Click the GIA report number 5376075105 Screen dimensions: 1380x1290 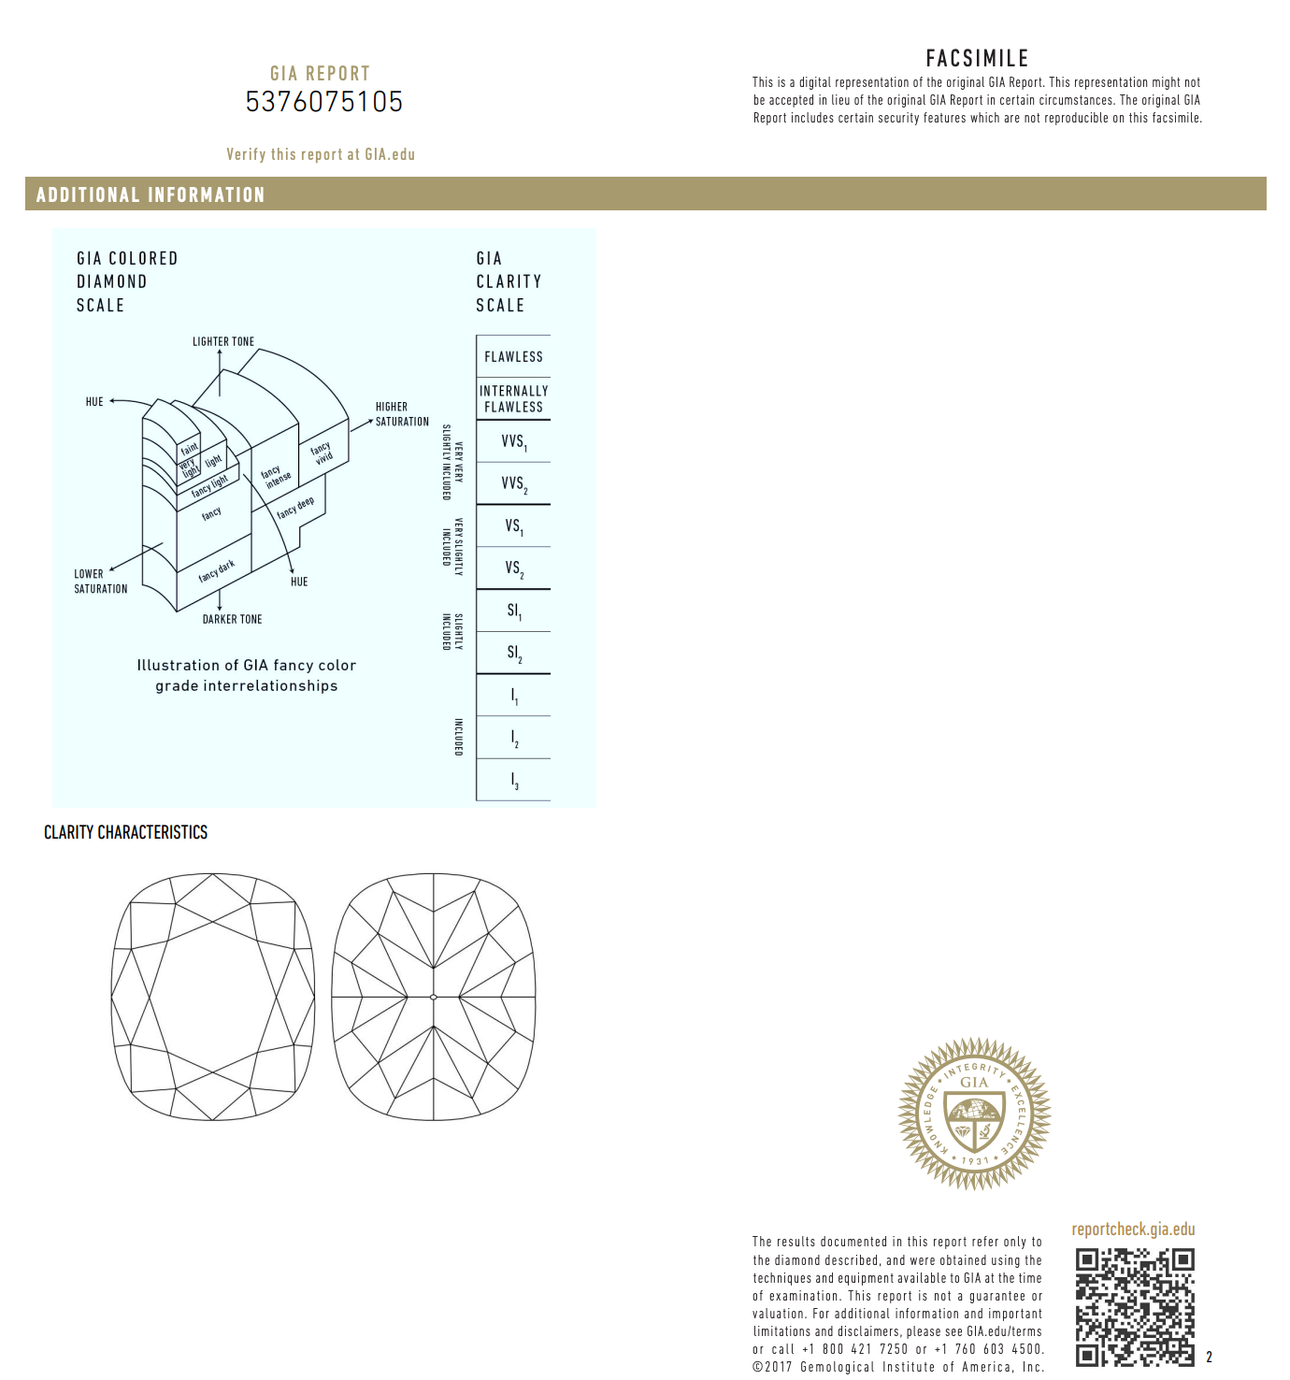pyautogui.click(x=323, y=101)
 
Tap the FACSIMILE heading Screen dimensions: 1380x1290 pyautogui.click(x=977, y=58)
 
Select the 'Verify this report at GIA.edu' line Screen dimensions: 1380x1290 pyautogui.click(x=321, y=154)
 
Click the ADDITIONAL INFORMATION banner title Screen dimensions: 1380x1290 pyautogui.click(x=150, y=194)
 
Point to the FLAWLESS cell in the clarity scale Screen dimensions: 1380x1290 pyautogui.click(x=513, y=356)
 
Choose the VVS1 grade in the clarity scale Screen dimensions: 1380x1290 pyautogui.click(x=513, y=441)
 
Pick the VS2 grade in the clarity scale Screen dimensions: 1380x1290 pyautogui.click(x=513, y=568)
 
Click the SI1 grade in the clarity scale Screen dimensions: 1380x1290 pyautogui.click(x=513, y=611)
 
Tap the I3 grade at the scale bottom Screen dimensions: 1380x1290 pyautogui.click(x=513, y=780)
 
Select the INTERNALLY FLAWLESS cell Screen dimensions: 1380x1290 pyautogui.click(x=513, y=398)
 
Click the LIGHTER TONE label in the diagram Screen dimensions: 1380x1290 pyautogui.click(x=223, y=341)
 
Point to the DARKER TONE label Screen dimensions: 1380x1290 pyautogui.click(x=232, y=619)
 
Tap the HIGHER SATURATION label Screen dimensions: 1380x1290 pyautogui.click(x=402, y=414)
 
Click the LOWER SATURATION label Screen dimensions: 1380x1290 pyautogui.click(x=101, y=582)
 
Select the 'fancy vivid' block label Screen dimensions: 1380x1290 pyautogui.click(x=322, y=453)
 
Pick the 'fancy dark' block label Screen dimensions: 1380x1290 pyautogui.click(x=217, y=570)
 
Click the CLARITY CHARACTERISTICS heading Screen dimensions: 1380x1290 pyautogui.click(x=125, y=832)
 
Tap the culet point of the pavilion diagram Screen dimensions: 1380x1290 pyautogui.click(x=434, y=997)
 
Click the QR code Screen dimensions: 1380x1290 pyautogui.click(x=1134, y=1306)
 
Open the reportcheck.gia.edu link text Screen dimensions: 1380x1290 pyautogui.click(x=1133, y=1229)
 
